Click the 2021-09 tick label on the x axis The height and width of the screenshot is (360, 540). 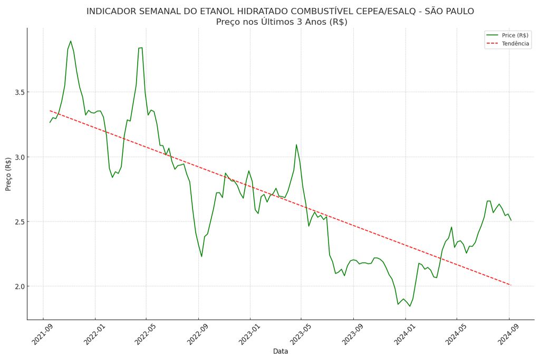coord(42,334)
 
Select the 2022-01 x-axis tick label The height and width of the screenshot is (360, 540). coord(94,334)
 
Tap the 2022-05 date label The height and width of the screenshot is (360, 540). coord(146,334)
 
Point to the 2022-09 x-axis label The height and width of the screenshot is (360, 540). coord(198,334)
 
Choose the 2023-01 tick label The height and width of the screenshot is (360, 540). coord(249,334)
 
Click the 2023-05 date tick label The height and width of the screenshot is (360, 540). coord(301,334)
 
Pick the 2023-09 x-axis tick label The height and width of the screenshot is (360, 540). coord(353,334)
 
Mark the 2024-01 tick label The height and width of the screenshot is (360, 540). coord(404,334)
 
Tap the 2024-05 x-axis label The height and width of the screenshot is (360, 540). coord(456,334)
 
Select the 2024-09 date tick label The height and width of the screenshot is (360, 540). coord(508,334)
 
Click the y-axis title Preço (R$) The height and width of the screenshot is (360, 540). coord(8,174)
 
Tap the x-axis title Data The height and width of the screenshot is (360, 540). coord(281,352)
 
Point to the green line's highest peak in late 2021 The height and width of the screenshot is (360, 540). coord(71,41)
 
